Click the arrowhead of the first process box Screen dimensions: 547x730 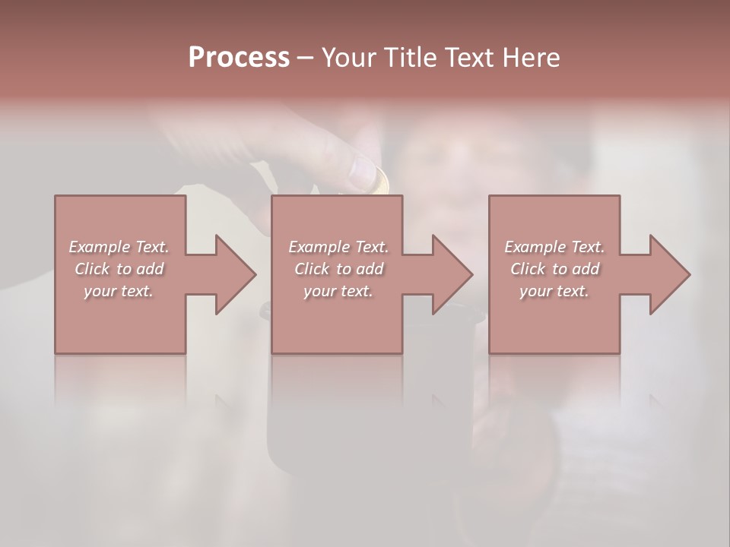pyautogui.click(x=234, y=274)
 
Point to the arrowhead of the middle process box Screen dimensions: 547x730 pyautogui.click(x=451, y=274)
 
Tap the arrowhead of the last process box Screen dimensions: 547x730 pyautogui.click(x=668, y=274)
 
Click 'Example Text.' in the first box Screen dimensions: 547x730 pyautogui.click(x=119, y=247)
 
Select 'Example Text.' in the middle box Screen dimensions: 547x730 pyautogui.click(x=338, y=247)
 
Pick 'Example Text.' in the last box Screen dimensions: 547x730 pyautogui.click(x=554, y=247)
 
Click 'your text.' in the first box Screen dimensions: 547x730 pyautogui.click(x=119, y=291)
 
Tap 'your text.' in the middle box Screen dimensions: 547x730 pyautogui.click(x=338, y=291)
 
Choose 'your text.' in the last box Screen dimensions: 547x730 pyautogui.click(x=554, y=291)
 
